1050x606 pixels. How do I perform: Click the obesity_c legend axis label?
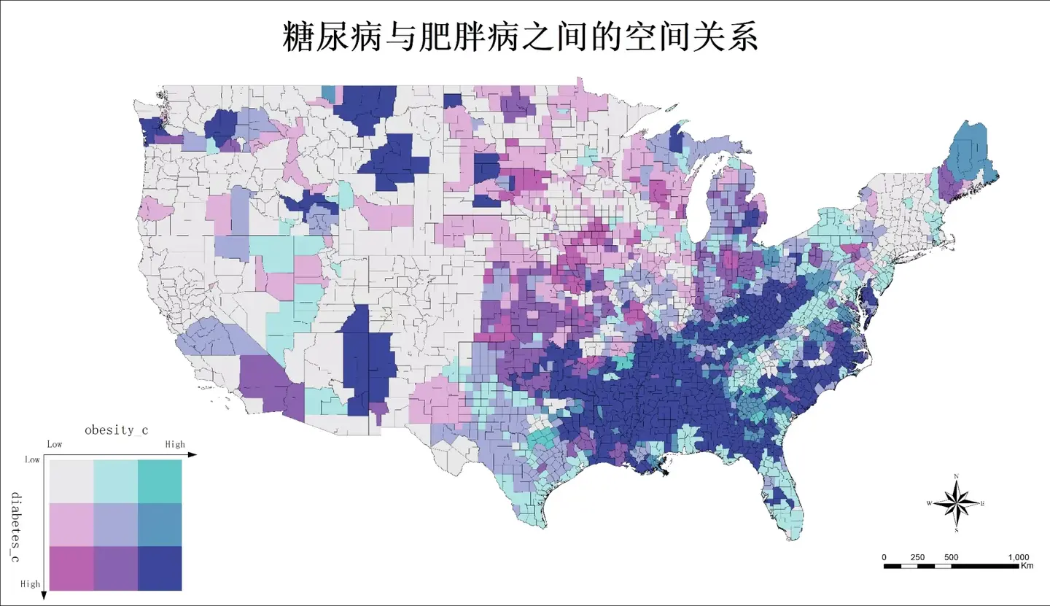[x=117, y=430]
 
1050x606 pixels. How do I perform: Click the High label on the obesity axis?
[x=175, y=444]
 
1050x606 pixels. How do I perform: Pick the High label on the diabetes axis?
[x=31, y=584]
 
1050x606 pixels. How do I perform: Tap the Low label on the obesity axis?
[x=55, y=444]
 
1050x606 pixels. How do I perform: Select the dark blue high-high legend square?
[x=160, y=568]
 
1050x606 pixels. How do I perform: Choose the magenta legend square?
[x=71, y=568]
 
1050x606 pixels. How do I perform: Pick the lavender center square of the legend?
[x=115, y=524]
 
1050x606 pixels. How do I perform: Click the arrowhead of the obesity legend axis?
[x=192, y=455]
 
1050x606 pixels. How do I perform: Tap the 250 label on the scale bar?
[x=918, y=557]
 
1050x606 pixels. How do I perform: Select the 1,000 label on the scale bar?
[x=1018, y=557]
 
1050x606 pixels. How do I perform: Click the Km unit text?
[x=1027, y=566]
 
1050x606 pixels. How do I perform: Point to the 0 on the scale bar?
[x=884, y=557]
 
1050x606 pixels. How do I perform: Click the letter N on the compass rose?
[x=957, y=476]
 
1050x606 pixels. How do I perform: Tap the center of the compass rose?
[x=957, y=502]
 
